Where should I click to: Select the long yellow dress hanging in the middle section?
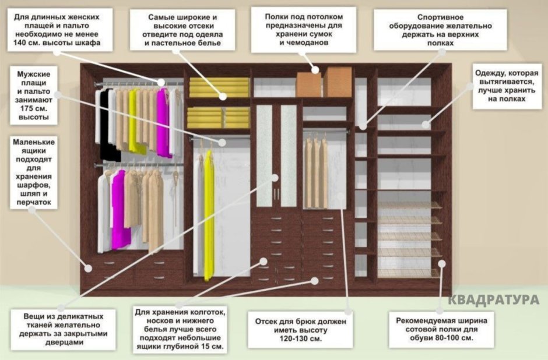(x=209, y=216)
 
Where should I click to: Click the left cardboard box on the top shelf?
(x=308, y=84)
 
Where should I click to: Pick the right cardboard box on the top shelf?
(x=338, y=82)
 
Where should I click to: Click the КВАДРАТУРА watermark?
(x=493, y=300)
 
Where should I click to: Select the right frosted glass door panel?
(x=289, y=155)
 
